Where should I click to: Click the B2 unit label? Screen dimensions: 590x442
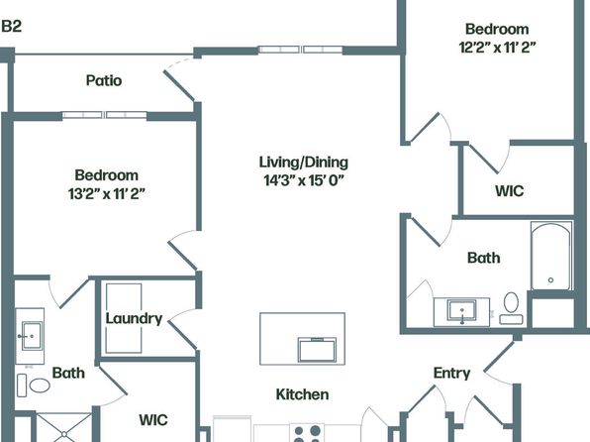click(11, 27)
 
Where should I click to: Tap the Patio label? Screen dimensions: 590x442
click(104, 80)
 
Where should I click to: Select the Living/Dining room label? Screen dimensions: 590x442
click(304, 163)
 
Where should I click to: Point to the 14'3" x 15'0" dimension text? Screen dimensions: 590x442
click(304, 180)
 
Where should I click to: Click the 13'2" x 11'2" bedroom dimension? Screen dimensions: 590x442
click(107, 194)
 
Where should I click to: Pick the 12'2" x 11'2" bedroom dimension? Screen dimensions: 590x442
click(497, 48)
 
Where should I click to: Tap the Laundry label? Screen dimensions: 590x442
click(134, 318)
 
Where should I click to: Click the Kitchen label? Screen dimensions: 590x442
click(302, 394)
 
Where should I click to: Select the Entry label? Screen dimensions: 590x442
click(451, 373)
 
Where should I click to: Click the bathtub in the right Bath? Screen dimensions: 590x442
click(551, 256)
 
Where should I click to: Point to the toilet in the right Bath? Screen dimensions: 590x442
click(511, 308)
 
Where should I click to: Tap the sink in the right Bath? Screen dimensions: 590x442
click(461, 311)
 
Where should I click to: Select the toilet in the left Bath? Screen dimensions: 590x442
click(34, 386)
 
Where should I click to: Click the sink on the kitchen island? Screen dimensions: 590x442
click(317, 349)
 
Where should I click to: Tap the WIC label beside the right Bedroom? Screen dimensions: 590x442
click(510, 190)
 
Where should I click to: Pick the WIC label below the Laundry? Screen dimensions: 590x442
click(153, 420)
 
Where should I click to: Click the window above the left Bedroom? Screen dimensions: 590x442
click(104, 115)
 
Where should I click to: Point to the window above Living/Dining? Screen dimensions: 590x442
click(300, 50)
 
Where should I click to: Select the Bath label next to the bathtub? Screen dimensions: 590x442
click(484, 258)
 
